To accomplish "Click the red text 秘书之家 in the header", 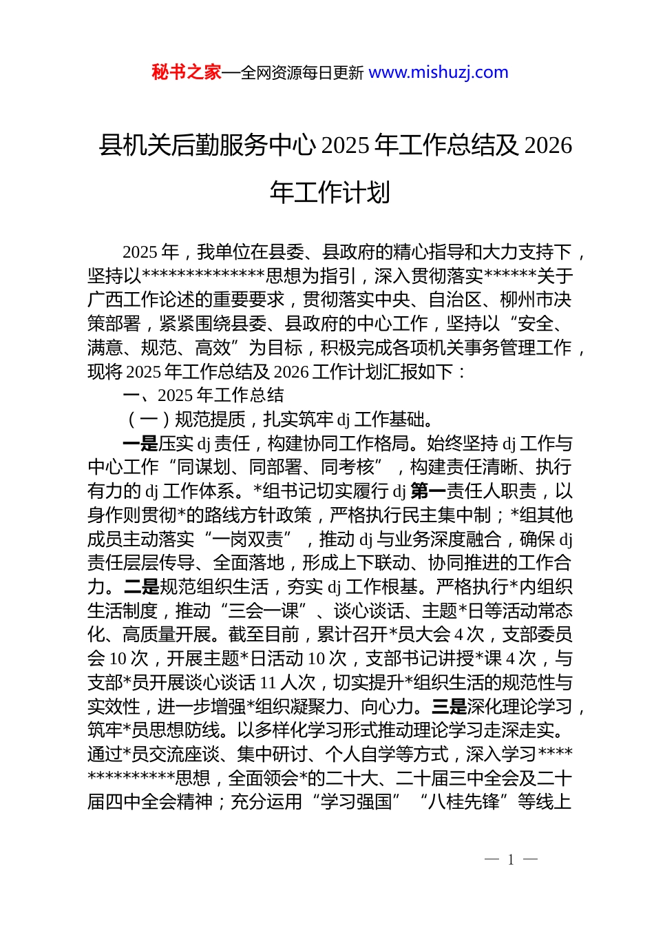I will tap(186, 72).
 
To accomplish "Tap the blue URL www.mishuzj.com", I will tap(439, 72).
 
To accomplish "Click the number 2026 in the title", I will tap(548, 145).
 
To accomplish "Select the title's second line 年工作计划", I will tap(330, 192).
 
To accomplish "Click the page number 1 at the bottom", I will tap(511, 859).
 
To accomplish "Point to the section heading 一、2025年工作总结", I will tap(203, 395).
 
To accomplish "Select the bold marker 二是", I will tap(141, 587).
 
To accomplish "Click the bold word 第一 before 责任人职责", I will tap(428, 491).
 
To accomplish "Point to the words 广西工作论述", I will tap(141, 300).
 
